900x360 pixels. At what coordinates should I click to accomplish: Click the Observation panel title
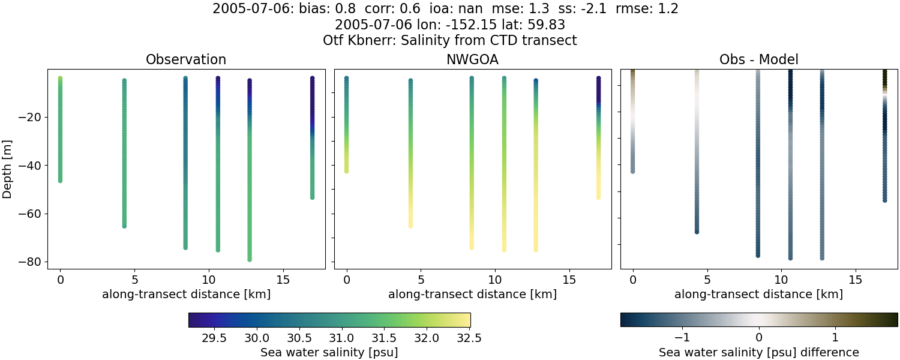coord(186,59)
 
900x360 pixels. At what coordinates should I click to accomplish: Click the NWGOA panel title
coord(472,59)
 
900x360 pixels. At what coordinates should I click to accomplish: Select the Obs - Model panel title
coord(758,59)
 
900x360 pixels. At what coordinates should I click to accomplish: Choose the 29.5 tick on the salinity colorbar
coord(214,337)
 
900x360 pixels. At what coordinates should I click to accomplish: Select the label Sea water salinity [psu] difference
coord(758,352)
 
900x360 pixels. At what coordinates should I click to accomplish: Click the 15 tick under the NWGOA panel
coord(569,280)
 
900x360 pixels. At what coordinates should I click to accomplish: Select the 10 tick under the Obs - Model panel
coord(781,280)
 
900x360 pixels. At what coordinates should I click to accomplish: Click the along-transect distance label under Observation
coord(186,295)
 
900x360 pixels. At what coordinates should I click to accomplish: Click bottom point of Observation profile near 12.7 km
coord(249,259)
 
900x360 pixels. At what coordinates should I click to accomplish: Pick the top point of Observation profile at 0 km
coord(60,79)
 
